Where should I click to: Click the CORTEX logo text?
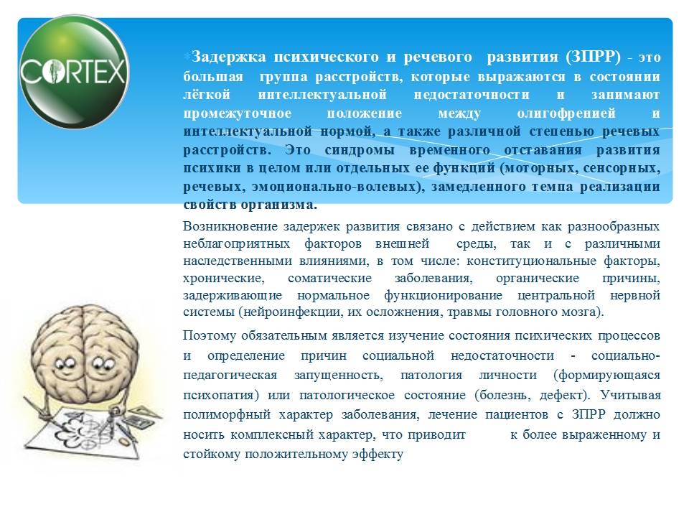pyautogui.click(x=74, y=71)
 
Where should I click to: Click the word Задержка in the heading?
pyautogui.click(x=229, y=57)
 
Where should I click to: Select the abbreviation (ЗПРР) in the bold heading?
pyautogui.click(x=594, y=57)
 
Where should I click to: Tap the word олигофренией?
pyautogui.click(x=566, y=113)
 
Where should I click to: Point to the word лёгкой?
pyautogui.click(x=207, y=95)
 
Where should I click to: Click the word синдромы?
pyautogui.click(x=360, y=150)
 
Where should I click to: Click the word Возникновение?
pyautogui.click(x=230, y=226)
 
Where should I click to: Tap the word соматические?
pyautogui.click(x=329, y=278)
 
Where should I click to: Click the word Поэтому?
pyautogui.click(x=210, y=335)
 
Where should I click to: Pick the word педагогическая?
pyautogui.click(x=230, y=375)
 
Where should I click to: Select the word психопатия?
pyautogui.click(x=221, y=395)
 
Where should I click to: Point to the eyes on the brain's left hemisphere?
pyautogui.click(x=65, y=363)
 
